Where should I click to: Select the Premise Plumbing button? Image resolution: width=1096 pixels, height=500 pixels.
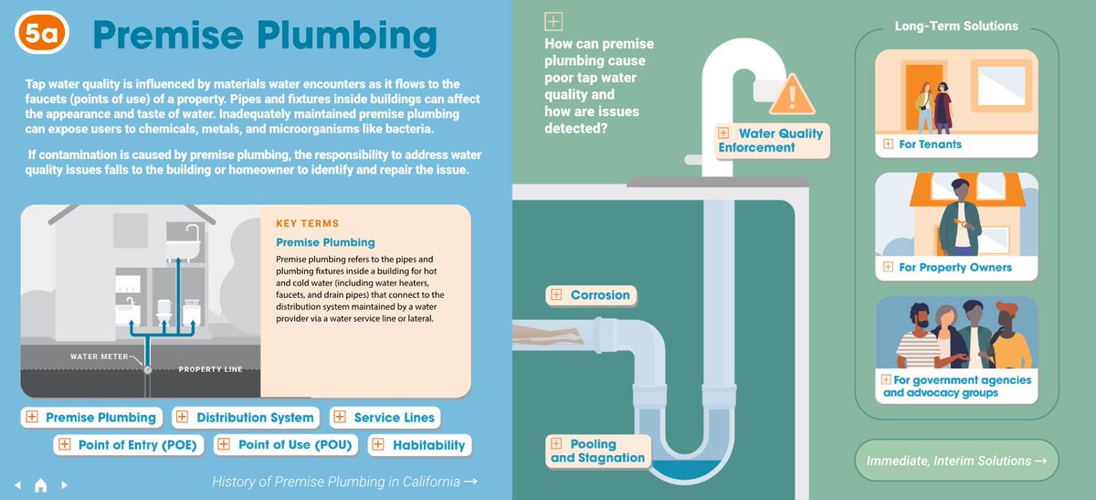click(91, 418)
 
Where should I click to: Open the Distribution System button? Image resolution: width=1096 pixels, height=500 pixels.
click(246, 418)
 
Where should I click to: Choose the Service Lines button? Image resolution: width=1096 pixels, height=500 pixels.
click(384, 418)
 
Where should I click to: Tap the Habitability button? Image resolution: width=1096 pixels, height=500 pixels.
click(419, 445)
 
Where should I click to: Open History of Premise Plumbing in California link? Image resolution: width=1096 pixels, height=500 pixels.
click(343, 482)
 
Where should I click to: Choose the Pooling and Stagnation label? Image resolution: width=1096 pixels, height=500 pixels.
click(598, 451)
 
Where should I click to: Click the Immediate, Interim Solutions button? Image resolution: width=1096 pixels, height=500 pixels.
click(956, 462)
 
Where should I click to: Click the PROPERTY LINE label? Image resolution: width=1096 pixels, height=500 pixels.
click(210, 369)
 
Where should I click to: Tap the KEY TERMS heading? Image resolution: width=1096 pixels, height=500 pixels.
click(307, 224)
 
